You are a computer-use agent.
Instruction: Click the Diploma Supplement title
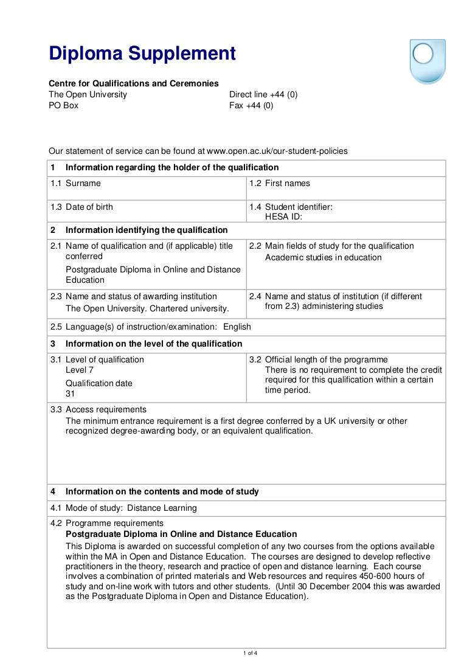(142, 54)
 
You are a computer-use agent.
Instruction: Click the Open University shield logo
(427, 61)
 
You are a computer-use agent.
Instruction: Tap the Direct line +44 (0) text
(263, 94)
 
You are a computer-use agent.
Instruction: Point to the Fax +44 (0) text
(251, 105)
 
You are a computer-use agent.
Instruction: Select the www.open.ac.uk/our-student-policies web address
(277, 151)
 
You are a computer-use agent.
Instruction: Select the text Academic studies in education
(323, 257)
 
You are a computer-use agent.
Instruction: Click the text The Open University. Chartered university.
(147, 308)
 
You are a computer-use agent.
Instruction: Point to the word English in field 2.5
(237, 327)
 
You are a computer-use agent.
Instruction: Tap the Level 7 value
(80, 370)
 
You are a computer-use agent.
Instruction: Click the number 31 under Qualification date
(70, 393)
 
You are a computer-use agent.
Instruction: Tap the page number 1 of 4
(250, 653)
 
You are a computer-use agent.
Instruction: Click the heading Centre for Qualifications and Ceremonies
(134, 83)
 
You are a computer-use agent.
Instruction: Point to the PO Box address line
(63, 105)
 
